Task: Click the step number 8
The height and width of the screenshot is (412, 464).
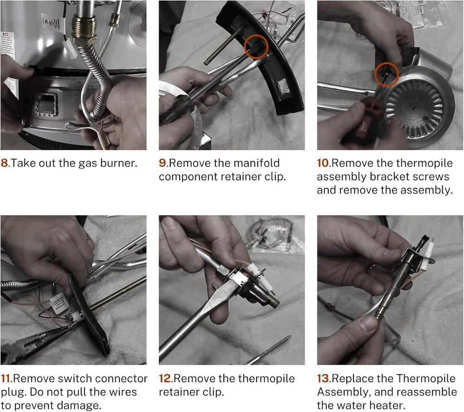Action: (x=5, y=163)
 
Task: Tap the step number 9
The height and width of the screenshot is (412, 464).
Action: (x=163, y=163)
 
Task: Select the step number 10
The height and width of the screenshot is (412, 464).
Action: (x=323, y=163)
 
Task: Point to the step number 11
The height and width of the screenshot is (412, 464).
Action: (x=6, y=379)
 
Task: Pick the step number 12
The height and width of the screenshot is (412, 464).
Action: (x=165, y=379)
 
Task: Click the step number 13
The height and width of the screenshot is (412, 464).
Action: (x=323, y=379)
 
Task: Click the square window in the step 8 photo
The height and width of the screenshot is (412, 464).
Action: (x=46, y=103)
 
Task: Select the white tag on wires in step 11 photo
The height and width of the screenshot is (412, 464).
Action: (x=59, y=303)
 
